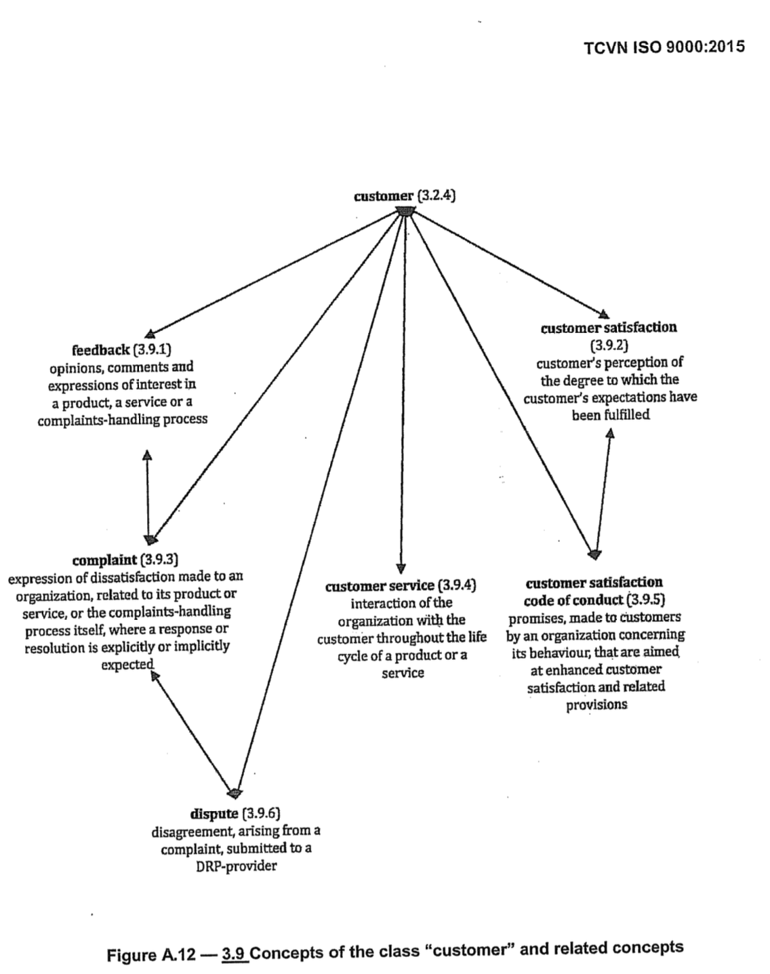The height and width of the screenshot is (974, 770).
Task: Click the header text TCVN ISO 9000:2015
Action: pos(664,47)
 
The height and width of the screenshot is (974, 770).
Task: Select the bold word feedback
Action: pos(100,350)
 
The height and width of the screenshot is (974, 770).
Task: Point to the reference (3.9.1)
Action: pos(152,350)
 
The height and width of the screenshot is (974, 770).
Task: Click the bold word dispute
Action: pos(214,813)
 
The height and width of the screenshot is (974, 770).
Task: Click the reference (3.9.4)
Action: pos(458,585)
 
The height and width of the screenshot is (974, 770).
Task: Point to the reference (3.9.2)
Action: pos(609,345)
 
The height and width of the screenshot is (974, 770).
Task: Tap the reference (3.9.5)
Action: pos(644,600)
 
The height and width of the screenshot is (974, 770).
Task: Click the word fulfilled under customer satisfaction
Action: pos(610,415)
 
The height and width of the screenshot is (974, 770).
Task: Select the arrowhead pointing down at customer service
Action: pos(401,568)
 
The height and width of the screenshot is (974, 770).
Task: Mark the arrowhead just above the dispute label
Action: pos(235,792)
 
